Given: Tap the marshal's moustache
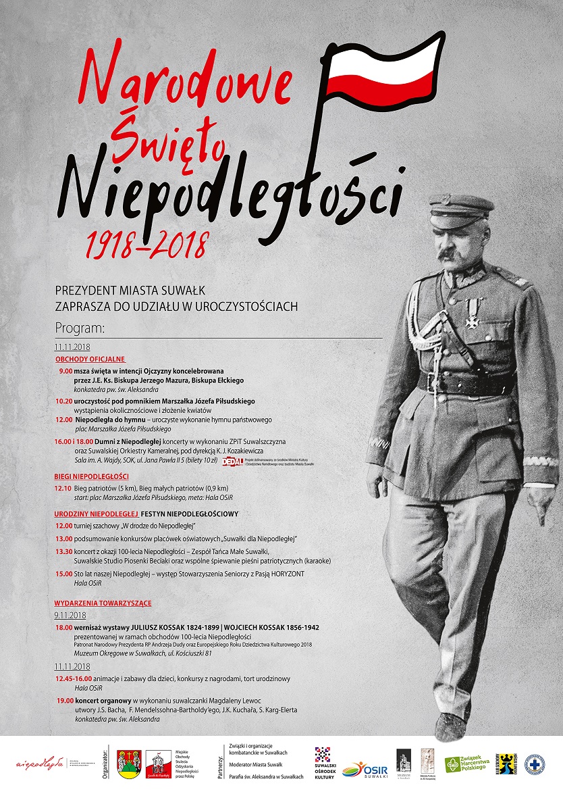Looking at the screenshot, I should point(449,253).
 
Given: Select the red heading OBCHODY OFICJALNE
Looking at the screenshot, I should point(90,359).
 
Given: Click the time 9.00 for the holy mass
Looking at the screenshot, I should point(65,371).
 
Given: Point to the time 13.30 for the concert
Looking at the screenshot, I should point(64,551).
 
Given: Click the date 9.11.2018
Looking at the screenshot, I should point(71,616).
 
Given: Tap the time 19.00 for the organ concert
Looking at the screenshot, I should point(65,701).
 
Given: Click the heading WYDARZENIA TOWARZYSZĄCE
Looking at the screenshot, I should point(103,603).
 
